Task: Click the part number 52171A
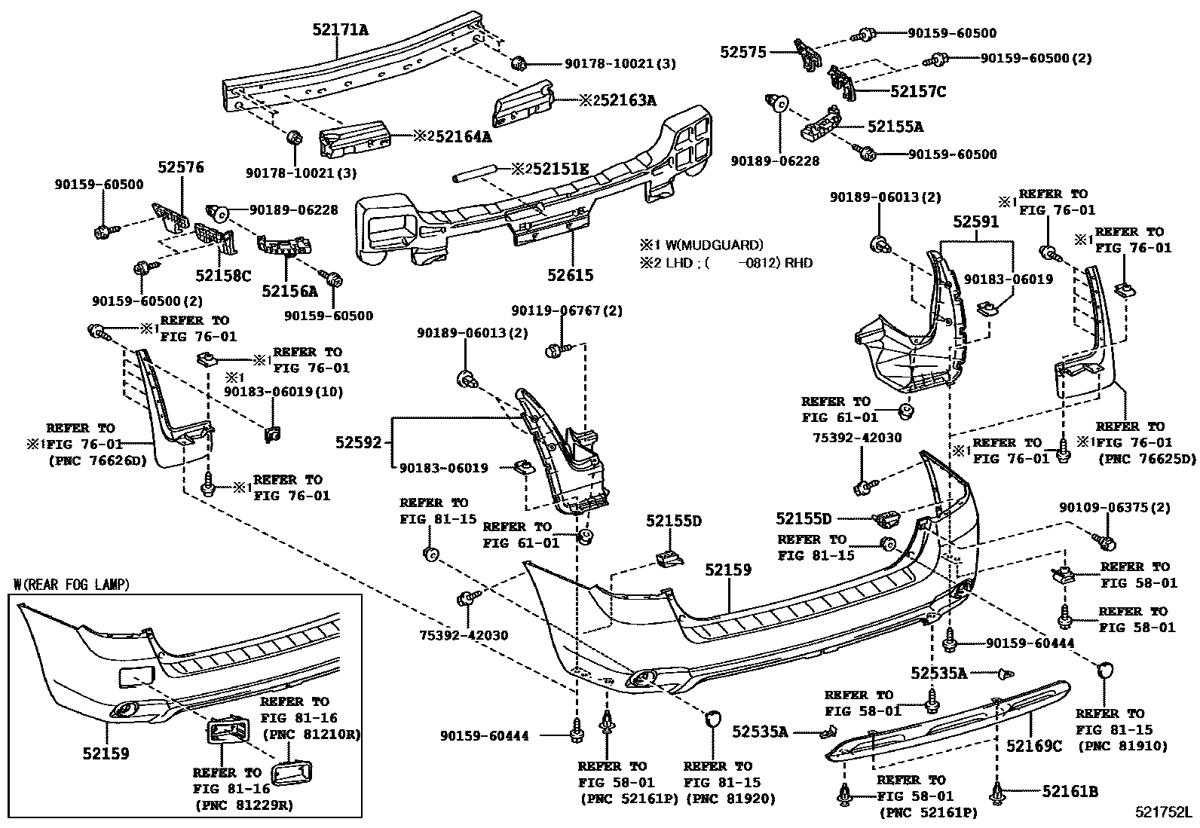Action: click(x=341, y=29)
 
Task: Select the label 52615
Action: click(x=570, y=275)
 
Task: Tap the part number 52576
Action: click(x=181, y=167)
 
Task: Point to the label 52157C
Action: click(x=917, y=92)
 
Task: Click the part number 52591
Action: click(x=976, y=222)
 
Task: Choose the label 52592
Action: click(x=358, y=442)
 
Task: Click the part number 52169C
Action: click(x=1034, y=746)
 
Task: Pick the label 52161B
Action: click(x=1070, y=791)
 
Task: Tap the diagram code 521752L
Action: click(x=1164, y=812)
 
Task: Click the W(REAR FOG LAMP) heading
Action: click(x=72, y=585)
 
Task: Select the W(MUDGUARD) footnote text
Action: click(x=714, y=246)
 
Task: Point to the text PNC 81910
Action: click(x=1123, y=746)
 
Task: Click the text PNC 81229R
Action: click(x=245, y=805)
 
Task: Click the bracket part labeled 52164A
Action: click(x=354, y=139)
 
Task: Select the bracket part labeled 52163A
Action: click(x=523, y=104)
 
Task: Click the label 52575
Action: click(x=743, y=52)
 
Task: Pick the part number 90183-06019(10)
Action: click(x=283, y=392)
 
